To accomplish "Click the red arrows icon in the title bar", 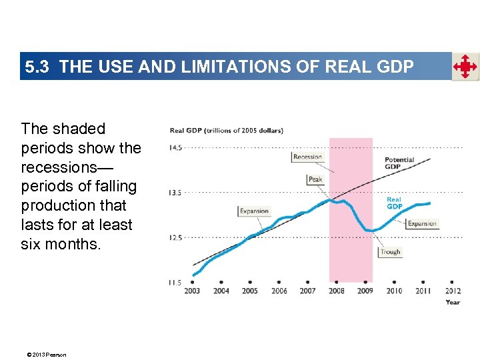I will click(465, 67).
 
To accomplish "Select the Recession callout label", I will click(307, 157).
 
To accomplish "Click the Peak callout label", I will click(315, 179).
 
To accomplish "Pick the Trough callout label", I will click(390, 252).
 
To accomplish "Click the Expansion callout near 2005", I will click(254, 211).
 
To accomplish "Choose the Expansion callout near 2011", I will click(421, 224).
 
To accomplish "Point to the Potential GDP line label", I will click(399, 163).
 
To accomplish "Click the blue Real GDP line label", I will click(395, 203).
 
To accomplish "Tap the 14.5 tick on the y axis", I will click(175, 147).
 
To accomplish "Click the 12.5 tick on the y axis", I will click(175, 237).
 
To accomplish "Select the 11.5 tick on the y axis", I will click(175, 283).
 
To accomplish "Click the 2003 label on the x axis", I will click(192, 291).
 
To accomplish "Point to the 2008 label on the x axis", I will click(336, 291).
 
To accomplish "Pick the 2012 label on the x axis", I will click(452, 291).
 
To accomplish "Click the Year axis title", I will click(453, 302).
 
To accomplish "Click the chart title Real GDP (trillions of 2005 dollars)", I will click(226, 131).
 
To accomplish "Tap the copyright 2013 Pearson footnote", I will click(43, 354).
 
